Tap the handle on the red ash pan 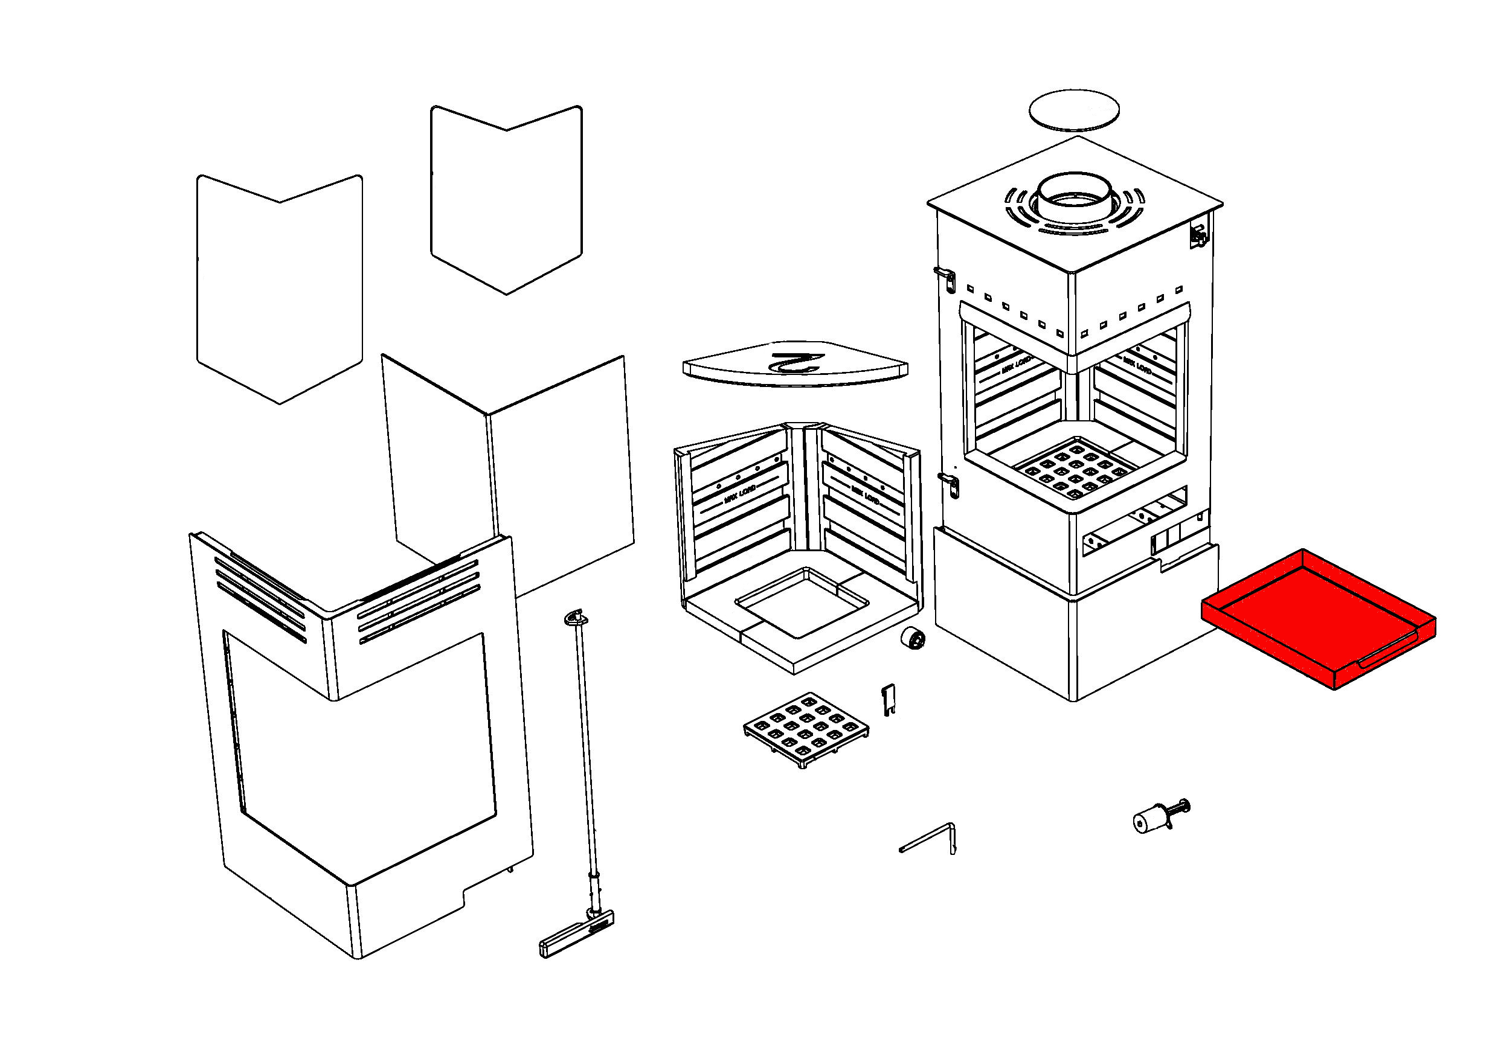1389,652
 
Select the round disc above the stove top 1073,109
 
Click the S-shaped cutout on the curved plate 796,362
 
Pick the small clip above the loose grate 888,699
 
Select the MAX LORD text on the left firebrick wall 739,496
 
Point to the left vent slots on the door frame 261,597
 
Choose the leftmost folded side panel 279,287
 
